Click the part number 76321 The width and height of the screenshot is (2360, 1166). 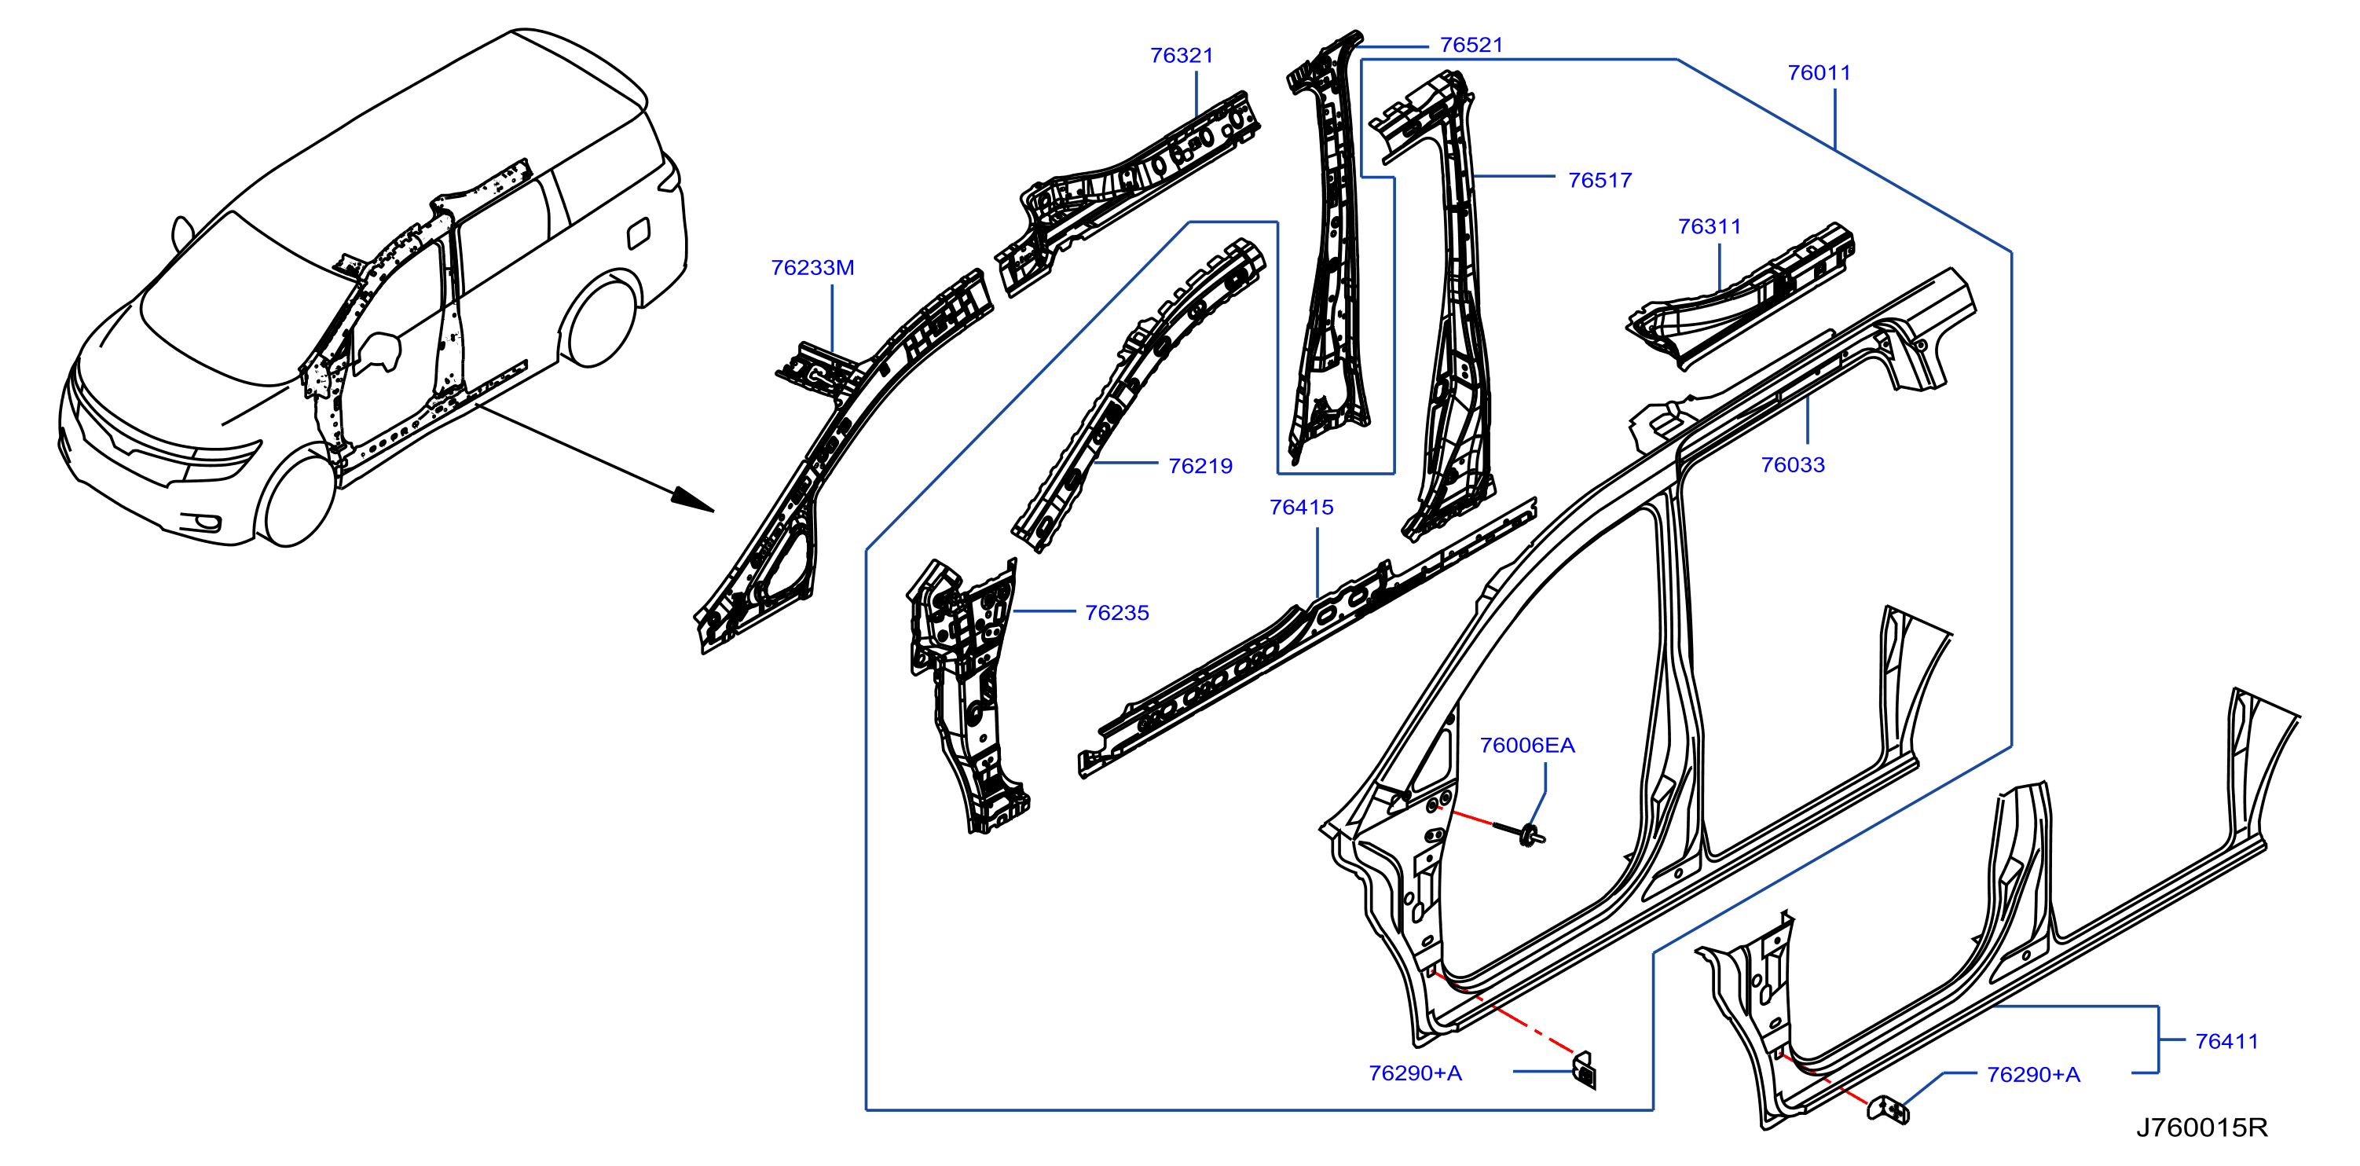pyautogui.click(x=1181, y=56)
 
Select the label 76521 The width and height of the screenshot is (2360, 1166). pyautogui.click(x=1471, y=45)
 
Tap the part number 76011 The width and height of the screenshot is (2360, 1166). pyautogui.click(x=1819, y=73)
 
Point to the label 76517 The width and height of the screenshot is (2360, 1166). pyautogui.click(x=1600, y=181)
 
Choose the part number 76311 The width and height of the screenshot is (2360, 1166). pyautogui.click(x=1710, y=226)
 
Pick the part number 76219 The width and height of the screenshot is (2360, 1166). pyautogui.click(x=1200, y=466)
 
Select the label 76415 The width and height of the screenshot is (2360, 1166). pyautogui.click(x=1301, y=508)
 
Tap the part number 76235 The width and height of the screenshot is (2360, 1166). pyautogui.click(x=1117, y=613)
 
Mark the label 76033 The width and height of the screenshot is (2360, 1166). pyautogui.click(x=1793, y=465)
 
